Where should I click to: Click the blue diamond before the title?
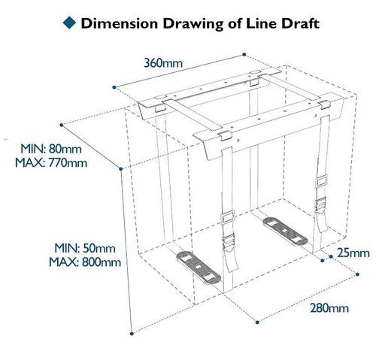pyautogui.click(x=69, y=23)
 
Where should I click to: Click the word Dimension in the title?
pyautogui.click(x=120, y=23)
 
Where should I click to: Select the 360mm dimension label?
pyautogui.click(x=163, y=63)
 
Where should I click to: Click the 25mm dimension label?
pyautogui.click(x=353, y=253)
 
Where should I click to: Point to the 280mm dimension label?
pyautogui.click(x=329, y=308)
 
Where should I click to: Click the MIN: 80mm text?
pyautogui.click(x=51, y=149)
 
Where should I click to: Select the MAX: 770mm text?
pyautogui.click(x=51, y=163)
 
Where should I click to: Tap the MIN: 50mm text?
pyautogui.click(x=85, y=248)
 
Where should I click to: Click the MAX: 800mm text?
pyautogui.click(x=85, y=262)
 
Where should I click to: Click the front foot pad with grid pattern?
pyautogui.click(x=199, y=268)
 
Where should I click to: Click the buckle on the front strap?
pyautogui.click(x=228, y=241)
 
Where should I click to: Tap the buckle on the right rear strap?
pyautogui.click(x=320, y=204)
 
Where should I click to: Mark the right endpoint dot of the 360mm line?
pyautogui.click(x=244, y=54)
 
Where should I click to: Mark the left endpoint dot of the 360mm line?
pyautogui.click(x=114, y=87)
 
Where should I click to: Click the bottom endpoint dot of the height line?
pyautogui.click(x=132, y=334)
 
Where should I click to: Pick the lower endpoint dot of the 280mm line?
pyautogui.click(x=257, y=322)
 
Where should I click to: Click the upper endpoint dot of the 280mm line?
pyautogui.click(x=357, y=274)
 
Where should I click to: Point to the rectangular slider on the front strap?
pyautogui.click(x=229, y=217)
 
